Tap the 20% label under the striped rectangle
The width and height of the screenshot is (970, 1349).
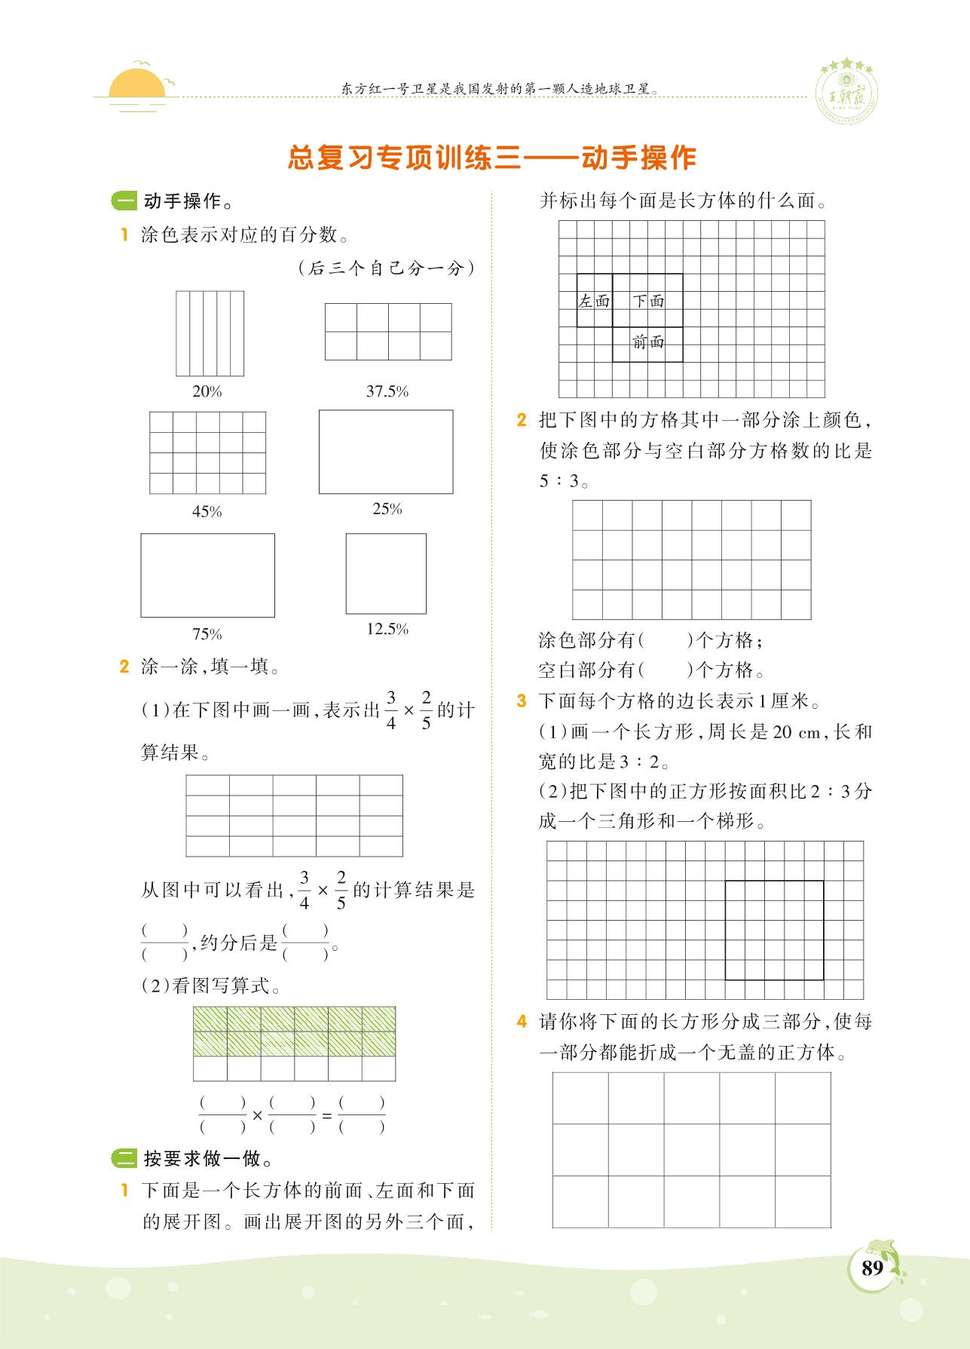[207, 391]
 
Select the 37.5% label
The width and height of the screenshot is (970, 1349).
[387, 391]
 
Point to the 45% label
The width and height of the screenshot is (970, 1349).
[207, 512]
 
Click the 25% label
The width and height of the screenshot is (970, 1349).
[387, 509]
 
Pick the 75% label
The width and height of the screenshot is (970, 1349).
[207, 634]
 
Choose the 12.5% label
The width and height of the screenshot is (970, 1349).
[387, 629]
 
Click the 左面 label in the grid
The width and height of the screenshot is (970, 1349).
[594, 302]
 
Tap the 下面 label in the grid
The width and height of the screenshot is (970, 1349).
[648, 302]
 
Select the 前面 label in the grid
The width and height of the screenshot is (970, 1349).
[648, 342]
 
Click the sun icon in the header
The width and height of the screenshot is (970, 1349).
[137, 84]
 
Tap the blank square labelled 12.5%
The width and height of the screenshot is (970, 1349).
[386, 574]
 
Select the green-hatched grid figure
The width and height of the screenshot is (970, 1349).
[294, 1044]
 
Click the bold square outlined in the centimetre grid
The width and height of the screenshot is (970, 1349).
[774, 930]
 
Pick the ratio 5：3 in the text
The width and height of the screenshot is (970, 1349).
[559, 481]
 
